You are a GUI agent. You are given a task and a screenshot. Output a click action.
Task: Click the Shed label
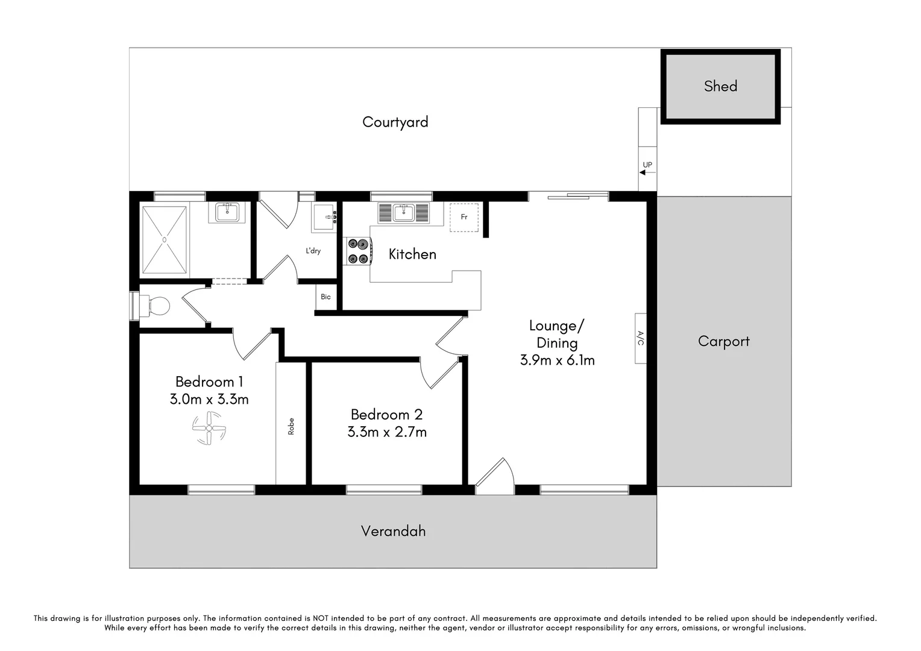[x=720, y=86]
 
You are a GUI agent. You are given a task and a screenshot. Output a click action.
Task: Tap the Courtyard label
[x=395, y=122]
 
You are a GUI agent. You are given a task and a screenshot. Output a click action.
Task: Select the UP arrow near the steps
[x=647, y=172]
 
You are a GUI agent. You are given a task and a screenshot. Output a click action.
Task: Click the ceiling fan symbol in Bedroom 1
[x=209, y=428]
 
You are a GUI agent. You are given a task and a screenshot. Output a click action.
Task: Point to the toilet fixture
[x=156, y=306]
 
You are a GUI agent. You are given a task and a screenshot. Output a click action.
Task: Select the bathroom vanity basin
[x=227, y=212]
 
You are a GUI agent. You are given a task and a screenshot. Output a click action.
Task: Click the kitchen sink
[x=403, y=213]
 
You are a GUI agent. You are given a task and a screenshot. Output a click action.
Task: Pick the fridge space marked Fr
[x=464, y=217]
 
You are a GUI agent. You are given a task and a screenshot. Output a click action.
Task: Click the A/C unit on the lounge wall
[x=640, y=338]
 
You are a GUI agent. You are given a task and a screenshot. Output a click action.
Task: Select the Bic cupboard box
[x=325, y=297]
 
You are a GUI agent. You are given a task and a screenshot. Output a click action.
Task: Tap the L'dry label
[x=313, y=251]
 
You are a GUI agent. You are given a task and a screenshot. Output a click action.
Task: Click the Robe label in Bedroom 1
[x=291, y=426]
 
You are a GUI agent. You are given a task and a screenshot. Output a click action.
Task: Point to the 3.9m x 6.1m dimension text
[x=557, y=360]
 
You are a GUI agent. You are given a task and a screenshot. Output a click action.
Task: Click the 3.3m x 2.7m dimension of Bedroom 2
[x=387, y=432]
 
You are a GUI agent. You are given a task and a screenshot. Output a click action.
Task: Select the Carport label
[x=723, y=341]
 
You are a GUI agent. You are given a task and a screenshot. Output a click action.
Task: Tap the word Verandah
[x=393, y=531]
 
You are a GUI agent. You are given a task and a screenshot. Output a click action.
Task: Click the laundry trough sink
[x=324, y=218]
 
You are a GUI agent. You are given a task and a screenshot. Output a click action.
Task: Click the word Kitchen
[x=412, y=254]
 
